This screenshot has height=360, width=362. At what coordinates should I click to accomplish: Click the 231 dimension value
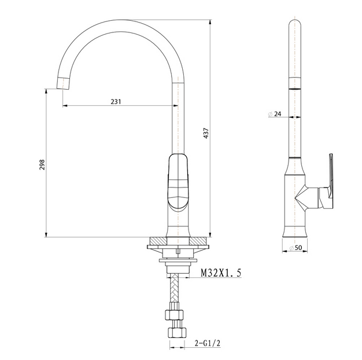116,101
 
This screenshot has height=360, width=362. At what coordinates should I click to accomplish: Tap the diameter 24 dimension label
277,114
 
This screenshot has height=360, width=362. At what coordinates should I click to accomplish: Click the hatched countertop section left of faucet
157,240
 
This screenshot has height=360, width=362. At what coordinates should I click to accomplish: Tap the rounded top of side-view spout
295,26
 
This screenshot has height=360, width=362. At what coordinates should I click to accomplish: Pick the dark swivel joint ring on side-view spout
295,89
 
